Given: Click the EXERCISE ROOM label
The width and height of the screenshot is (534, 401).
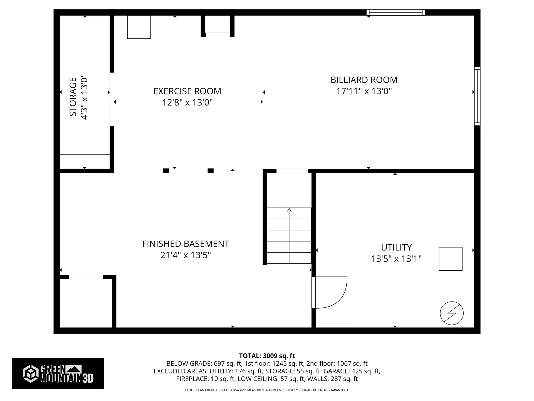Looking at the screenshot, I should click(x=187, y=91).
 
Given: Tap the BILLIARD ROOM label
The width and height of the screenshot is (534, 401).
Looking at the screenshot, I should click(x=364, y=80).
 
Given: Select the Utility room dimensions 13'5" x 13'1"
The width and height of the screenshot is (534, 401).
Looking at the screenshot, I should click(x=396, y=259).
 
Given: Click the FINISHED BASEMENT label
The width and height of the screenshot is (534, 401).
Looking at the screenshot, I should click(x=186, y=244).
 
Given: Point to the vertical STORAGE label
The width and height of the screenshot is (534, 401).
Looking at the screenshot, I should click(x=73, y=97).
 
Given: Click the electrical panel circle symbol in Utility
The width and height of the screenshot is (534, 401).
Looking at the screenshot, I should click(x=452, y=313).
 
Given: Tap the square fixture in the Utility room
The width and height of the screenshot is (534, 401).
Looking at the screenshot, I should click(x=451, y=259).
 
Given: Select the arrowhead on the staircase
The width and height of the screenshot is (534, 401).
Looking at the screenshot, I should click(x=289, y=210).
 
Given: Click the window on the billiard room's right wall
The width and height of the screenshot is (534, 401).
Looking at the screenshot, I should click(x=477, y=96).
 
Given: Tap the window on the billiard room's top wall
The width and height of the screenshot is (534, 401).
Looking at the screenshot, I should click(x=395, y=12).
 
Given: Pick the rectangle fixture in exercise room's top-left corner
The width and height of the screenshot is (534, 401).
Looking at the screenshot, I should click(x=139, y=27).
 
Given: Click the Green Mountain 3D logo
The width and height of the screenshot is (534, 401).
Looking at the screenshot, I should click(x=58, y=373).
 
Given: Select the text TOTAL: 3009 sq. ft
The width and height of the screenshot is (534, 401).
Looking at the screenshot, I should click(x=267, y=356).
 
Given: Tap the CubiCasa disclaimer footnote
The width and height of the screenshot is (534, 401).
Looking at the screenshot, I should click(x=267, y=390).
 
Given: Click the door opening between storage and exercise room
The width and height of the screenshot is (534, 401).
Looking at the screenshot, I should click(x=112, y=99).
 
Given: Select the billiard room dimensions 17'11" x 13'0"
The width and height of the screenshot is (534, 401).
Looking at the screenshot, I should click(x=364, y=91).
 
